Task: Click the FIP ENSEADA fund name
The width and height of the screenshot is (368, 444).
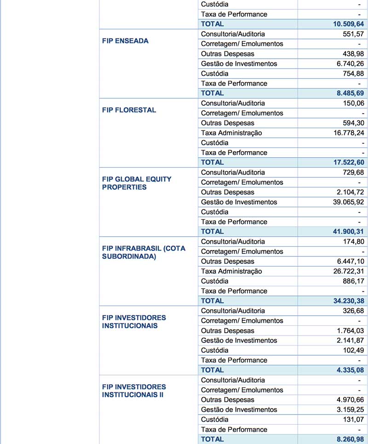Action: point(125,41)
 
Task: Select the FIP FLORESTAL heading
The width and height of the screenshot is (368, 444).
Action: point(129,110)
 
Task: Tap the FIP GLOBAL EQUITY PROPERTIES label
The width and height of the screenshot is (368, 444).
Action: point(137,183)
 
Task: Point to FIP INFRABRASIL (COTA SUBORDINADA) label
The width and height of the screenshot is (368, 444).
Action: point(144,252)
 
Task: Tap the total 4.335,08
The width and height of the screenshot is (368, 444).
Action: point(351,370)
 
